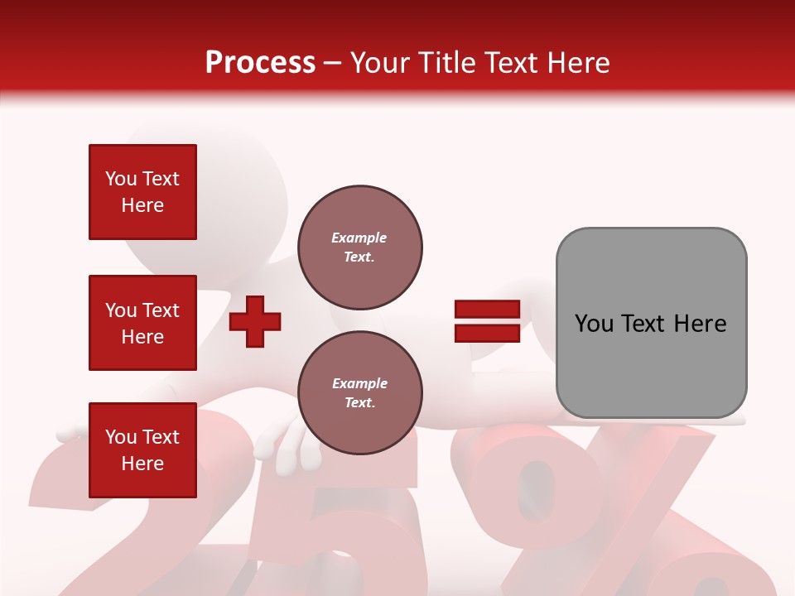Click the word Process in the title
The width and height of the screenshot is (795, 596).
click(x=260, y=63)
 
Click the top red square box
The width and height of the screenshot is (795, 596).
click(x=142, y=192)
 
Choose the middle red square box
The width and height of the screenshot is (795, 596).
click(x=142, y=323)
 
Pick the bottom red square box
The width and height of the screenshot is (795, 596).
click(x=142, y=449)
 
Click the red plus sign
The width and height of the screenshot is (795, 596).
click(x=255, y=321)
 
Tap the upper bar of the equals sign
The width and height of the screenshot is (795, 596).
click(x=487, y=310)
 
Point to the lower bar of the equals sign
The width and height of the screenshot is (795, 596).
click(x=487, y=333)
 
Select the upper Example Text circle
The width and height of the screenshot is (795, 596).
click(x=359, y=248)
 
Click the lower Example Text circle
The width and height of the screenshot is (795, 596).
click(x=359, y=393)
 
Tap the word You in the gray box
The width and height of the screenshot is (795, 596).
click(x=595, y=324)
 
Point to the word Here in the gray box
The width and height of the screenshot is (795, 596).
click(x=700, y=324)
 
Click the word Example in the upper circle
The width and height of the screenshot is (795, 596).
click(x=359, y=238)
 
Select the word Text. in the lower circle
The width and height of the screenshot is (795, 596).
click(x=359, y=403)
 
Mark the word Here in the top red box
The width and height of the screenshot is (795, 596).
click(x=142, y=205)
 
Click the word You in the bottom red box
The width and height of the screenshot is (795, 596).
click(x=121, y=437)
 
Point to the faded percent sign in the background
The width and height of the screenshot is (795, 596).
click(x=605, y=513)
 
